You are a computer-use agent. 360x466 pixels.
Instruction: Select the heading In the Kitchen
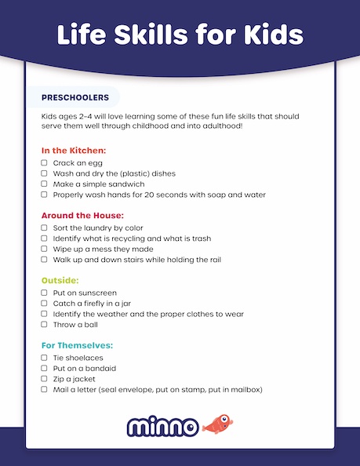74,150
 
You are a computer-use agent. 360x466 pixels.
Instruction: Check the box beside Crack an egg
45,163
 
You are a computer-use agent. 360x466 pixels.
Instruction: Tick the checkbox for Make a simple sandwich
45,184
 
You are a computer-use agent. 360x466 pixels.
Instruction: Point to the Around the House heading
82,214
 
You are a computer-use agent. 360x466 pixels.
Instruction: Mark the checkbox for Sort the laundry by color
45,228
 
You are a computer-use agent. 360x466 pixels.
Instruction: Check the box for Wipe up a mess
45,248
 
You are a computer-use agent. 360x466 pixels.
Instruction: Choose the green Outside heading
60,279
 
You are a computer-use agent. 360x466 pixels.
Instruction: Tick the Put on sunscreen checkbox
45,293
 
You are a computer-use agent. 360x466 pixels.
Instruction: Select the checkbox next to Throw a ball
45,323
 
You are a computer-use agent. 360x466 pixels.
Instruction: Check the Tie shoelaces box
45,358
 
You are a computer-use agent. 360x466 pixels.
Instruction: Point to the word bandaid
99,368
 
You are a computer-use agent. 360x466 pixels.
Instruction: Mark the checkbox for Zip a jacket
45,378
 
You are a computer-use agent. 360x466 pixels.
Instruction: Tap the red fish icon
218,425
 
